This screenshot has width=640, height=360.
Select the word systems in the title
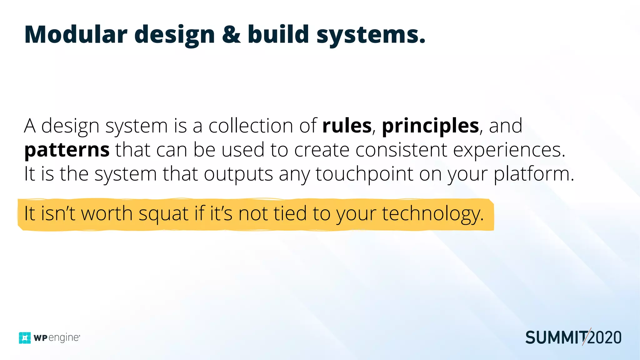pyautogui.click(x=371, y=35)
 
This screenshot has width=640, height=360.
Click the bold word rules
pyautogui.click(x=347, y=126)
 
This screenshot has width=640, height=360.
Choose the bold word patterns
pyautogui.click(x=67, y=150)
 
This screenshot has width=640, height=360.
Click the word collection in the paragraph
pyautogui.click(x=251, y=126)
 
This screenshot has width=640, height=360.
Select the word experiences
pyautogui.click(x=509, y=150)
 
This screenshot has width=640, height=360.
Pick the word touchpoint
pyautogui.click(x=364, y=174)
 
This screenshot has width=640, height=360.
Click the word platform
pyautogui.click(x=534, y=174)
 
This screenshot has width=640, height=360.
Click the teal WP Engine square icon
pyautogui.click(x=25, y=338)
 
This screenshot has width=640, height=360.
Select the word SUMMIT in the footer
pyautogui.click(x=556, y=338)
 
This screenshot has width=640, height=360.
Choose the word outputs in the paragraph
pyautogui.click(x=238, y=174)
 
